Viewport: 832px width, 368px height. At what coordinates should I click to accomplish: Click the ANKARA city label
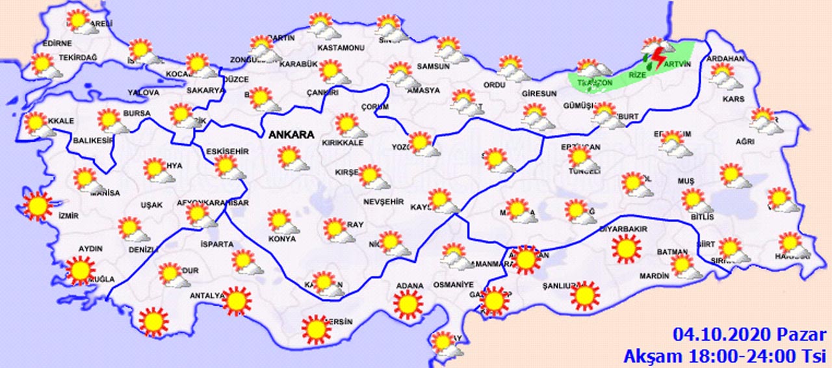point(291,135)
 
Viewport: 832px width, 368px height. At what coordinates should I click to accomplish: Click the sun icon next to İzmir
point(38,206)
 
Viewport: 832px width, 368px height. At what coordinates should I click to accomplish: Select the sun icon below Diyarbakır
point(626,248)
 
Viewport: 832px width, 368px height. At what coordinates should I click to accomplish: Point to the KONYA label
point(281,239)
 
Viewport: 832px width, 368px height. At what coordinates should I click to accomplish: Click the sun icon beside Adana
point(408,304)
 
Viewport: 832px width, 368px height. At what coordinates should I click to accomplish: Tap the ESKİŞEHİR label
point(227,151)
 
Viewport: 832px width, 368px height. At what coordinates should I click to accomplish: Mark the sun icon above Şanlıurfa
point(584,296)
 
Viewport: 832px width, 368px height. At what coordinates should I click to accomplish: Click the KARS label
point(733,99)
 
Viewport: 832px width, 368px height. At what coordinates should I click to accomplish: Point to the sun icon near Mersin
point(317,329)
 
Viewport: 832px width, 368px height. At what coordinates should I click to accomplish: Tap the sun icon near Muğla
point(81,270)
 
